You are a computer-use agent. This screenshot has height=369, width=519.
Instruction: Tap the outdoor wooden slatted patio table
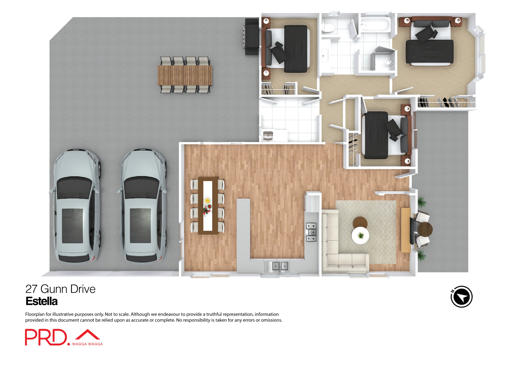click(185, 75)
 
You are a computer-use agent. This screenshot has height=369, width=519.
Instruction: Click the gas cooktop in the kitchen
click(311, 232)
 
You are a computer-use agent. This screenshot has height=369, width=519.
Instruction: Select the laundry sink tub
click(268, 136)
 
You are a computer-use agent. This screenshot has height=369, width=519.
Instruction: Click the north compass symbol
click(461, 297)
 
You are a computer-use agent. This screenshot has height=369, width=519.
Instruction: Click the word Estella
click(42, 301)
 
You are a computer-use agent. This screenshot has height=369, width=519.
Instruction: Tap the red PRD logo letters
click(46, 337)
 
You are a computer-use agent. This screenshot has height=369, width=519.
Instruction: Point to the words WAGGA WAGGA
click(87, 344)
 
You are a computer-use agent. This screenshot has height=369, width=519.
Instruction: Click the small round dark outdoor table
click(425, 229)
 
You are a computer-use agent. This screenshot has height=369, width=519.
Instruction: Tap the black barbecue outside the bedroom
click(252, 36)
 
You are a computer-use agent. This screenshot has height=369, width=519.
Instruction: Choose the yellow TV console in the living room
click(405, 230)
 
